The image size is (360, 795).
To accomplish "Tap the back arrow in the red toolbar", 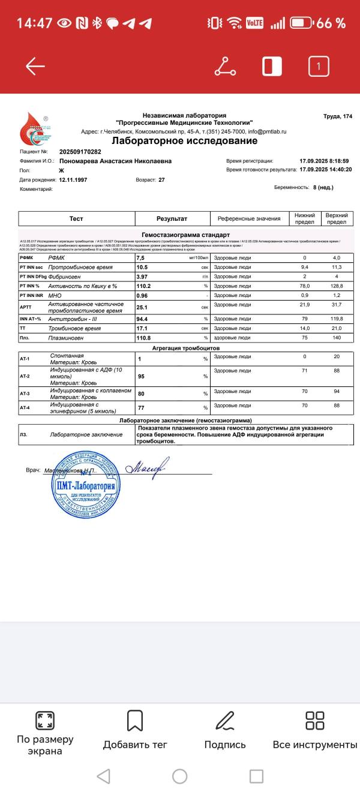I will point(35,66).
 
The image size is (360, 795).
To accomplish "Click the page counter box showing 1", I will point(319,66).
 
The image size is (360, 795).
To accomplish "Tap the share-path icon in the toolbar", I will point(225,66).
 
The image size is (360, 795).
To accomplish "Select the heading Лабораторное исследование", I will point(185,141).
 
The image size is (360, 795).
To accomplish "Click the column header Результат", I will point(172,219).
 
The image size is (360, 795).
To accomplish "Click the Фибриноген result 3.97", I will point(144,276).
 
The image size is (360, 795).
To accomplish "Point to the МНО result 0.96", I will point(143,295).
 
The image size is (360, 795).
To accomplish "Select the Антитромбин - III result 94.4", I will point(144,319).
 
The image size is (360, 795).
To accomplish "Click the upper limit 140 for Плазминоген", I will point(340,338).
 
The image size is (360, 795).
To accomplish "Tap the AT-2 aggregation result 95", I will point(142,376).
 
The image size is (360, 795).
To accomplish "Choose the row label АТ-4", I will point(25,407).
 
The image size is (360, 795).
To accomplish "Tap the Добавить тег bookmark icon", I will point(135,721).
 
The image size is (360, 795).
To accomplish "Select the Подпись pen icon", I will point(225,721).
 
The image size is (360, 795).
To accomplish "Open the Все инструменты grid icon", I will point(315,721).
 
